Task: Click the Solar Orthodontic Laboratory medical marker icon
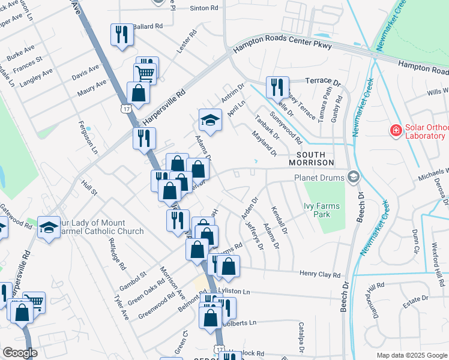[396, 130]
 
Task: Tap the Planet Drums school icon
[354, 176]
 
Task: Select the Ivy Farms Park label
[322, 210]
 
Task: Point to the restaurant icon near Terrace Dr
[277, 86]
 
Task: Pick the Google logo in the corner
[20, 352]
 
